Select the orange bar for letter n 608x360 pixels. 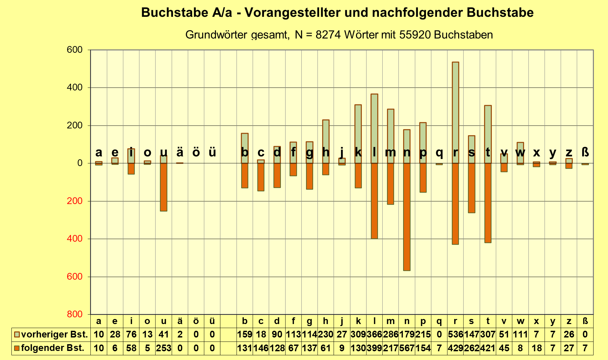pos(407,217)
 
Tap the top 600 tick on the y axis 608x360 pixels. pos(75,50)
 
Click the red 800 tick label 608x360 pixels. pos(75,314)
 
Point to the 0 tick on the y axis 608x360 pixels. pos(80,163)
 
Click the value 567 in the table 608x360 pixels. pos(407,348)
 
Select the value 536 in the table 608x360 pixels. pos(455,335)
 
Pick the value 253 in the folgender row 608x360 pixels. pos(164,348)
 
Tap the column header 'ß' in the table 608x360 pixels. pos(585,321)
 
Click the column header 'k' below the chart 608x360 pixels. pos(358,321)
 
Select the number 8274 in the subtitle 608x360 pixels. pos(328,35)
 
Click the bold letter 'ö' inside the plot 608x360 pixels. pos(196,152)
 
